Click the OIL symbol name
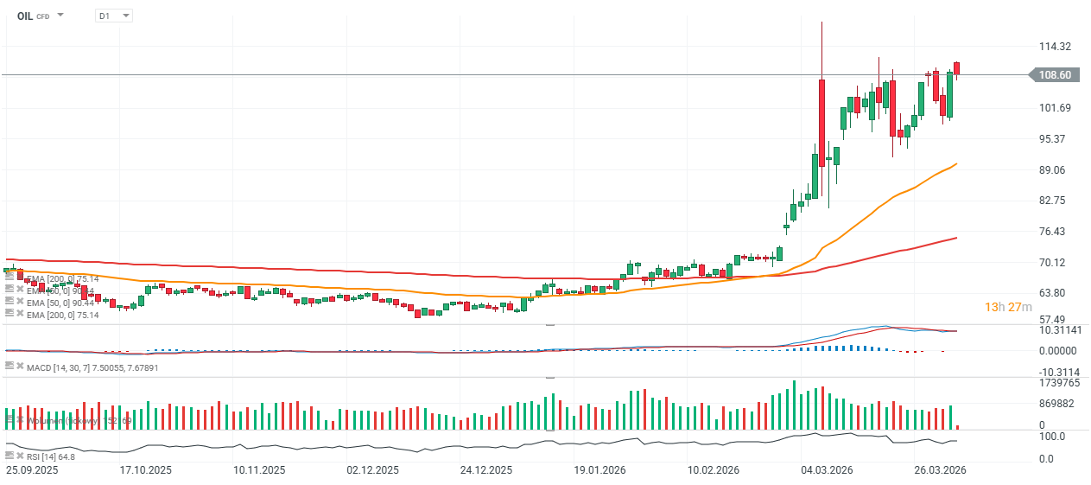[24, 16]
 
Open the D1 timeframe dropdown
[114, 16]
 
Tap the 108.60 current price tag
[1055, 75]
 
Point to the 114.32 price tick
[1055, 47]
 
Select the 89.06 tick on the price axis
[1051, 169]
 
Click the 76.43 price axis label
[1051, 232]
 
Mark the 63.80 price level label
[1051, 293]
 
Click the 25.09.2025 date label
[32, 471]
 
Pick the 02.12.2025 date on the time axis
[372, 471]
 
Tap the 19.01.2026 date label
[599, 471]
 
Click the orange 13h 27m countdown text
[1009, 307]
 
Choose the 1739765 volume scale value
[1059, 382]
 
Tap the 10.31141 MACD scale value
[1059, 330]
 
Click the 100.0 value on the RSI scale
[1052, 437]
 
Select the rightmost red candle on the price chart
[957, 68]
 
